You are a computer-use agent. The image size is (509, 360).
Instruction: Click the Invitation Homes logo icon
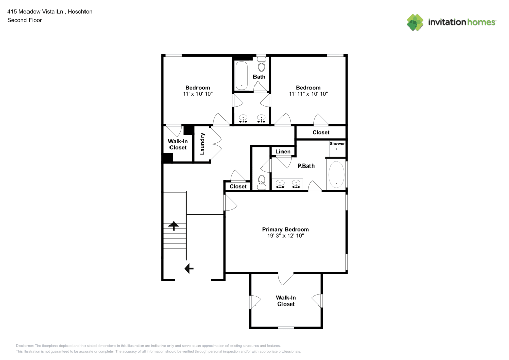tap(415, 22)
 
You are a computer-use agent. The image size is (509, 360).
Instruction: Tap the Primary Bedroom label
tap(285, 229)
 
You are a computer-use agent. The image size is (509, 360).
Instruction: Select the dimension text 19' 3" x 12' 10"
tap(285, 236)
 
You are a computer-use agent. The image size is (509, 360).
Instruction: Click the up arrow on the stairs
tap(174, 226)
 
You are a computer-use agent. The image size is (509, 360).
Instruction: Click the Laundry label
tap(202, 144)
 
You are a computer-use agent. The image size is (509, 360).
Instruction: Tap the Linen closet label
tap(282, 152)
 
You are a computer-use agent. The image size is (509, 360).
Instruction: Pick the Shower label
tap(337, 144)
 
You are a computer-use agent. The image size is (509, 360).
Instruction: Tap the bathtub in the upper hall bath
tap(242, 75)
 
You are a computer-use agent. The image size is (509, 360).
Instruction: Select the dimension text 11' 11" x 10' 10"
tap(308, 94)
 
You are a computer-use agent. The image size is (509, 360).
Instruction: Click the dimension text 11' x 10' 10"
tap(197, 94)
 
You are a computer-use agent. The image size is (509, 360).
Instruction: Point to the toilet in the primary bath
tap(262, 182)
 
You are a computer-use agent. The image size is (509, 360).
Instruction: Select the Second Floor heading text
tap(24, 20)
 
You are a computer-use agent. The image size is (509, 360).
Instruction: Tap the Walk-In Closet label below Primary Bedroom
tap(286, 301)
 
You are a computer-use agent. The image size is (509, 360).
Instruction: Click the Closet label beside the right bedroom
tap(321, 132)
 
